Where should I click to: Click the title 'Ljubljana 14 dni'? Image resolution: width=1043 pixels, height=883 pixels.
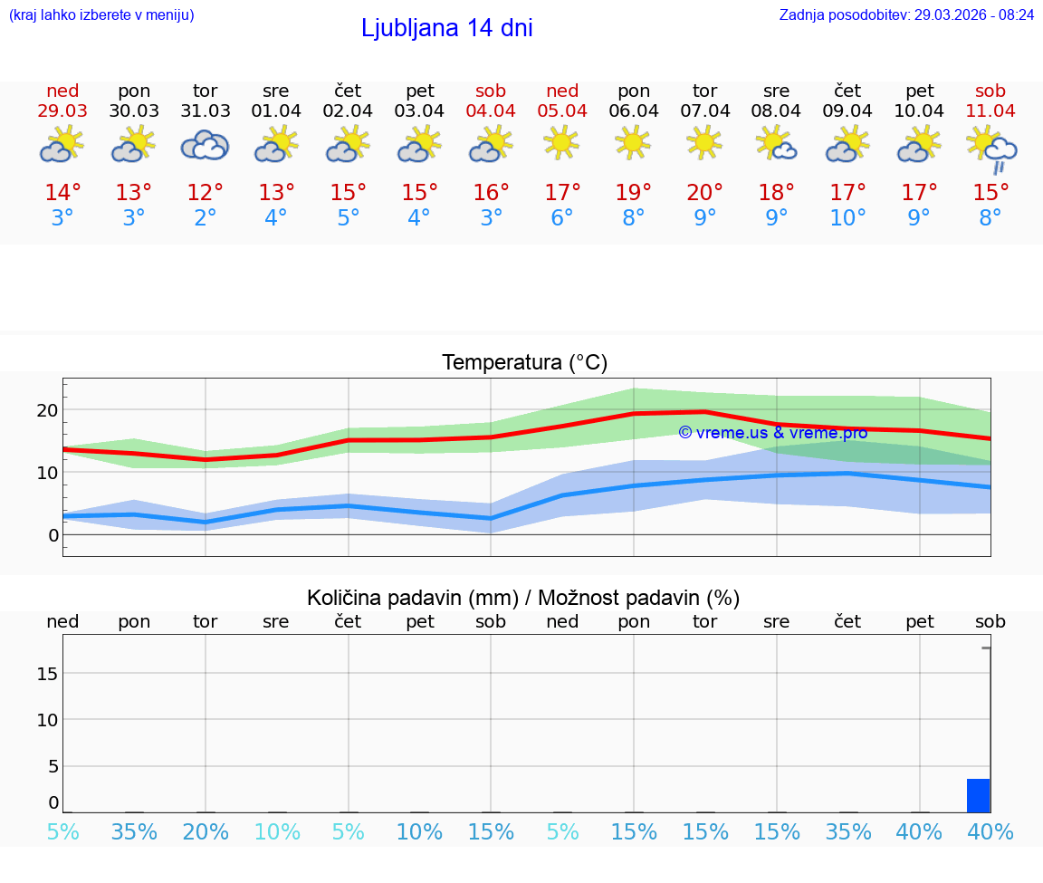(x=446, y=28)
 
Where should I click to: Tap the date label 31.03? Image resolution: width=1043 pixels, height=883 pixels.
(x=206, y=110)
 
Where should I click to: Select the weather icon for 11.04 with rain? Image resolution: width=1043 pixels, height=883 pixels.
(x=990, y=149)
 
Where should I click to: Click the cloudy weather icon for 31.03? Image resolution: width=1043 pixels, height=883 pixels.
(x=205, y=145)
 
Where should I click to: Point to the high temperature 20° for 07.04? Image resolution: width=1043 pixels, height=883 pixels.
(x=704, y=193)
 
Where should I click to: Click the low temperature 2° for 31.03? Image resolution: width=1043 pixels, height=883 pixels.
(x=206, y=218)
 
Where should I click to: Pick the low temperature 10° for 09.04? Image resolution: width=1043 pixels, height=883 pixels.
(x=847, y=218)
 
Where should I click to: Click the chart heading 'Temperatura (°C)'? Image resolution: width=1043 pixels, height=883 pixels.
(x=524, y=363)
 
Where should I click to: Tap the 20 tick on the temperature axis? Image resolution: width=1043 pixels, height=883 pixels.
(x=47, y=410)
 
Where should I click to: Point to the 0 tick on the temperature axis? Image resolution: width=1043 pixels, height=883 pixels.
(x=53, y=535)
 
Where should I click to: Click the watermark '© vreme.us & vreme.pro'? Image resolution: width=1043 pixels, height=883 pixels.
(x=772, y=433)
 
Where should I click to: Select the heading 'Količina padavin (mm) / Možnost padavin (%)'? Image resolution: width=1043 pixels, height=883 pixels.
(x=523, y=598)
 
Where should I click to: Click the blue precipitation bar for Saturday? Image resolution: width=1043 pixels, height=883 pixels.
(x=978, y=795)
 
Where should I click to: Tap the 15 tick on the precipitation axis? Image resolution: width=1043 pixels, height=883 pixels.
(x=47, y=673)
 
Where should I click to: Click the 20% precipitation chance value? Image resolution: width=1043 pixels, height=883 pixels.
(x=206, y=832)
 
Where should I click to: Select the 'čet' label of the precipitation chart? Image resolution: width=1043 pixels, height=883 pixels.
(x=349, y=621)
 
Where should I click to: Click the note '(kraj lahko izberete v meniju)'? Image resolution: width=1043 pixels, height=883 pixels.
(x=101, y=14)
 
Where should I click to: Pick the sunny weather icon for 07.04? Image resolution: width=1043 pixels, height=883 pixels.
(x=704, y=142)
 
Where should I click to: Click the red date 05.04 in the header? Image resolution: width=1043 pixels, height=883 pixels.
(x=562, y=110)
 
